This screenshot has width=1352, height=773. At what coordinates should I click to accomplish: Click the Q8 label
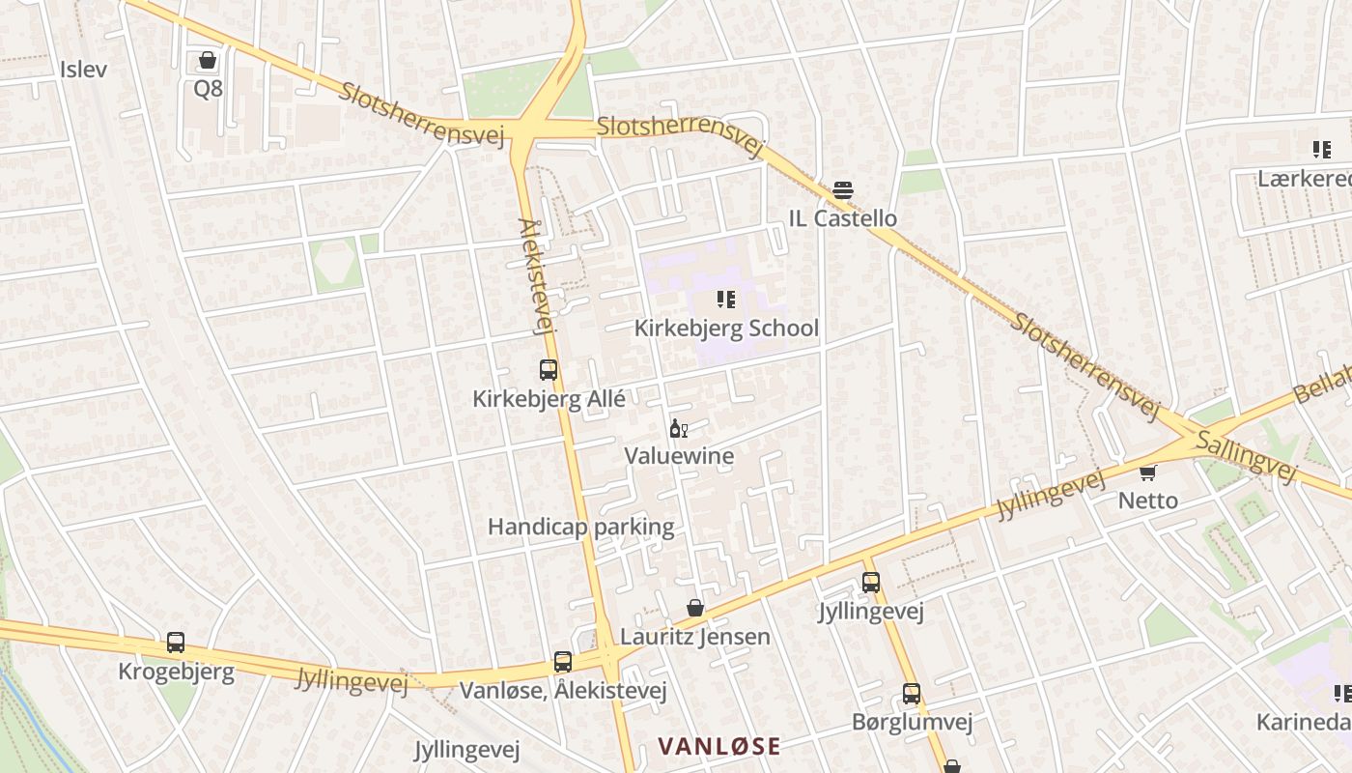click(208, 89)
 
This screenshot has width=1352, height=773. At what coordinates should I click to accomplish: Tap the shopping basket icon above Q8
click(208, 61)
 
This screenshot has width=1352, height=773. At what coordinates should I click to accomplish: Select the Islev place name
click(83, 70)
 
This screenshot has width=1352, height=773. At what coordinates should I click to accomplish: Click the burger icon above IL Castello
click(843, 190)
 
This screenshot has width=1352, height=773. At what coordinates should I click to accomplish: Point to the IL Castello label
click(843, 218)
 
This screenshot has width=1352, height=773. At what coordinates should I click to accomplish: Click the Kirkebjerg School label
click(726, 329)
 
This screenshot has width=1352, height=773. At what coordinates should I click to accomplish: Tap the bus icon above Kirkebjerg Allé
click(549, 369)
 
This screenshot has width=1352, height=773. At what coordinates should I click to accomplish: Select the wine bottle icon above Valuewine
click(679, 428)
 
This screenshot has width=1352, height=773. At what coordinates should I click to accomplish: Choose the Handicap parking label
click(580, 527)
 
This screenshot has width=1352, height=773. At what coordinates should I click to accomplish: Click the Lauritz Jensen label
click(695, 637)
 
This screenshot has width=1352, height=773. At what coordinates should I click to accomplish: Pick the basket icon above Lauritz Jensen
click(695, 608)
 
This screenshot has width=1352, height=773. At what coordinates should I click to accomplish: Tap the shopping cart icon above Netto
click(1148, 472)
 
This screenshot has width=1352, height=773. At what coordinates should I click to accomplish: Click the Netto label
click(1148, 501)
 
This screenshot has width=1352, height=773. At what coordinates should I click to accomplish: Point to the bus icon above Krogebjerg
click(176, 643)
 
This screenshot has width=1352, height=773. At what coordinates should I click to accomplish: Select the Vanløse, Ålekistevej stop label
click(563, 691)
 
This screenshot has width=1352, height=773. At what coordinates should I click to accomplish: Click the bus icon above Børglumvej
click(912, 694)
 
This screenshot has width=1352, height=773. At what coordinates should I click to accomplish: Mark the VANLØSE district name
click(719, 746)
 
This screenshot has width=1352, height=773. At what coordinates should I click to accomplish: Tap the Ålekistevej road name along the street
click(536, 276)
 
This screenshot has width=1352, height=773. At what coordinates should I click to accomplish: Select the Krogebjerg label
click(176, 672)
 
